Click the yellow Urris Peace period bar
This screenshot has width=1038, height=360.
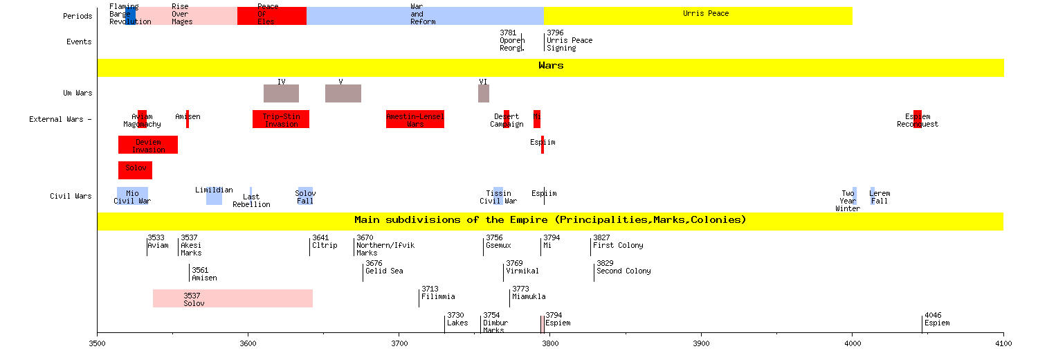(x=698, y=16)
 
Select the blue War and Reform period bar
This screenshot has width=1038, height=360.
(x=425, y=16)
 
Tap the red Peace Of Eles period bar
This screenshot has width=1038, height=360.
(x=271, y=16)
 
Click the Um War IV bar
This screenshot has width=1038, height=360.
(x=281, y=93)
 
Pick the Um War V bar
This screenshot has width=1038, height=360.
(x=343, y=93)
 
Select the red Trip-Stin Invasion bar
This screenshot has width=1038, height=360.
(x=280, y=119)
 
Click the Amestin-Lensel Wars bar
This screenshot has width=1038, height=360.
(x=415, y=119)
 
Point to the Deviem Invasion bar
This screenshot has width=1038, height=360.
(x=148, y=145)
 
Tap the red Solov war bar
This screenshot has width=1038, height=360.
(x=135, y=170)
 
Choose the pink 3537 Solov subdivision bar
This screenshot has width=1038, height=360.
(x=233, y=298)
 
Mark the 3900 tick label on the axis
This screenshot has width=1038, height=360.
(x=701, y=343)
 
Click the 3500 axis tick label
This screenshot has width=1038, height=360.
(x=98, y=343)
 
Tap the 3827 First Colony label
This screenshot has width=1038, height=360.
(x=618, y=241)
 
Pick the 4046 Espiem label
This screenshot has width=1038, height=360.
(x=937, y=318)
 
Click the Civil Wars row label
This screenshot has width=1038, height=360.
(x=71, y=196)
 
